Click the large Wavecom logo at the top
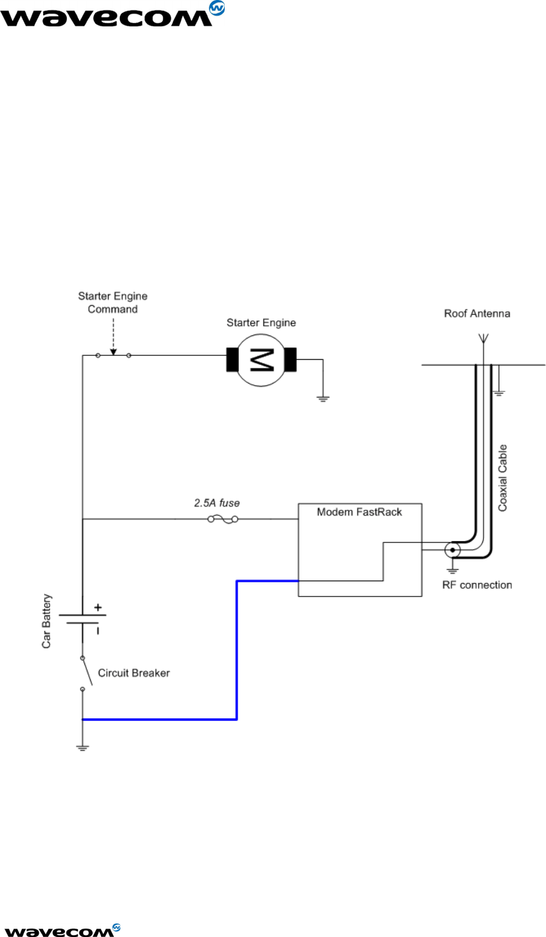click(x=112, y=14)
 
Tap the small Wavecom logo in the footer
click(x=61, y=929)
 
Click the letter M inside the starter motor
click(x=262, y=360)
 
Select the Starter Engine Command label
click(x=113, y=302)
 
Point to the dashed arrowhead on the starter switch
click(x=113, y=352)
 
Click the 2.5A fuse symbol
click(x=223, y=519)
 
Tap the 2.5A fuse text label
click(x=217, y=503)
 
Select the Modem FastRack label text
click(x=359, y=512)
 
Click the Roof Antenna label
click(x=477, y=313)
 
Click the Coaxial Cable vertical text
click(x=502, y=478)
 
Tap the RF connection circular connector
click(x=452, y=550)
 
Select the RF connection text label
click(x=477, y=585)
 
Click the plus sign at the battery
click(x=98, y=608)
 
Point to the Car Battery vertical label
click(x=46, y=621)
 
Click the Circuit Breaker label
click(x=133, y=673)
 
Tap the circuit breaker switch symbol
click(x=86, y=673)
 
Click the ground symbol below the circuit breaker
click(x=82, y=748)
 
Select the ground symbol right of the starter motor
click(x=323, y=398)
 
